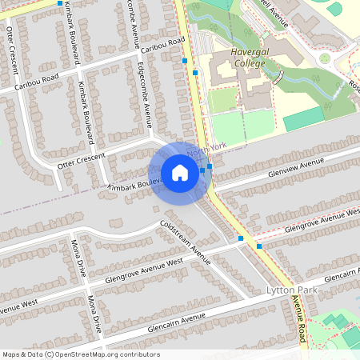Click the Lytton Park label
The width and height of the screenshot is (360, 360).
click(x=292, y=290)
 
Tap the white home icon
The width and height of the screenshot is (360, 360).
click(x=180, y=173)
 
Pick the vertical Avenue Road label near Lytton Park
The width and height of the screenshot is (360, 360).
click(x=298, y=318)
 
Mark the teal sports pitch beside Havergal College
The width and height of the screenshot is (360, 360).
click(x=304, y=119)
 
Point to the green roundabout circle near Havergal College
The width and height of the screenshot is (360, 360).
click(x=325, y=58)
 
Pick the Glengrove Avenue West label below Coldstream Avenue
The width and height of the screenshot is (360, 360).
click(x=144, y=270)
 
